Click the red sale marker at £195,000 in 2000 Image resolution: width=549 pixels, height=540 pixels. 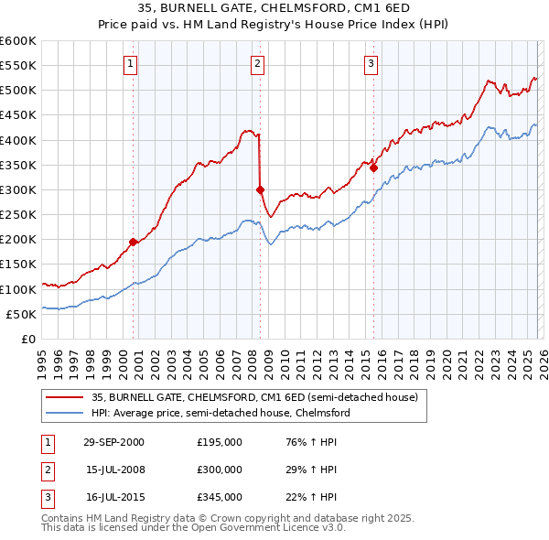[134, 242]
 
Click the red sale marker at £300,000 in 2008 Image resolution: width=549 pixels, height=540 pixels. [261, 189]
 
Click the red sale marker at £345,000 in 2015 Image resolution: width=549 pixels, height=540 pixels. [373, 167]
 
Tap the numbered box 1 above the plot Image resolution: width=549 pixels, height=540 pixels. [131, 63]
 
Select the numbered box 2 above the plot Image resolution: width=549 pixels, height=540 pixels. [258, 63]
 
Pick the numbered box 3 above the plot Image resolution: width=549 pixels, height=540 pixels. [371, 63]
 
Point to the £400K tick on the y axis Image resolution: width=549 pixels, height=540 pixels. [18, 140]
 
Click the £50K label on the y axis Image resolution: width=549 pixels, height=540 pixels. [21, 314]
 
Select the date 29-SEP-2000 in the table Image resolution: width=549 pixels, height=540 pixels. [113, 442]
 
